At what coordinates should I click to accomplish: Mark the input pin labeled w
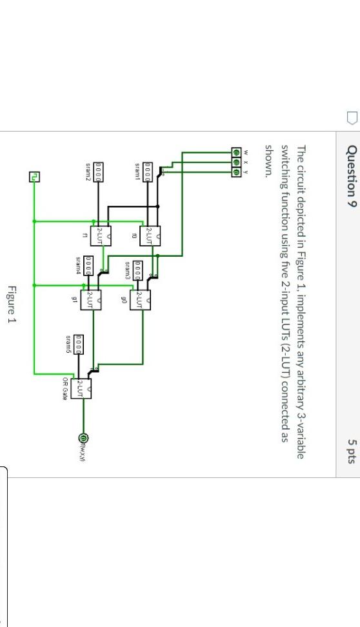tap(236, 152)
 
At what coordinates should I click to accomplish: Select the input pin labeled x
tap(236, 162)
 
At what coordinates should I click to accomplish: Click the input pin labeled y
tap(236, 172)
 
